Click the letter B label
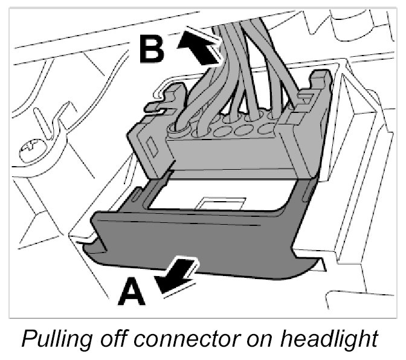coord(151,50)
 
